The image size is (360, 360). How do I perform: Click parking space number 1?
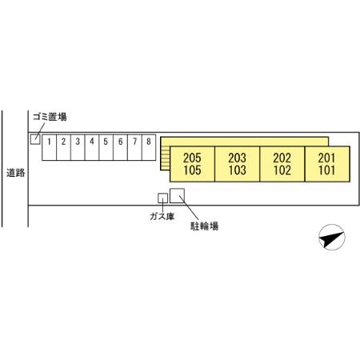pos(50,147)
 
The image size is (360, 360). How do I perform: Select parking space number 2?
pos(63,147)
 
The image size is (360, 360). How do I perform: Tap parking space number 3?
pos(78,147)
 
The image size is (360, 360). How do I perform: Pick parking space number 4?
pos(92,147)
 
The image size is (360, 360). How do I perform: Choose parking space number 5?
pos(106,147)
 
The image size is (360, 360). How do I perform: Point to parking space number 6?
pos(121,147)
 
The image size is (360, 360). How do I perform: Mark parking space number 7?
pos(134,147)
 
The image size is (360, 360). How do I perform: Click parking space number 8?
pos(149,147)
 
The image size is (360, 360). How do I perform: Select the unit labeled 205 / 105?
pos(192,164)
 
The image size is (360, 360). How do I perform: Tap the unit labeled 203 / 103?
pos(238,164)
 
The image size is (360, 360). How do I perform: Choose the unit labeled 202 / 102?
pos(282,164)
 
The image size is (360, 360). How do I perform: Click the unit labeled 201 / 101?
pos(327,164)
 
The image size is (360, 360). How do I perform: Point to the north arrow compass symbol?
pos(332,237)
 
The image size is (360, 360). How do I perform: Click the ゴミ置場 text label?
pos(50,117)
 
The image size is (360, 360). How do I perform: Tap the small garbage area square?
pos(35,139)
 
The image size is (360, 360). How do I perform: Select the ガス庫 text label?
pos(162,216)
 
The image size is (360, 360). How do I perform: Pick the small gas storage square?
pos(162,198)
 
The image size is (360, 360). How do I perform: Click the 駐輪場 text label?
pos(204,226)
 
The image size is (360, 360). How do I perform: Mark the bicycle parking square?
pos(178,196)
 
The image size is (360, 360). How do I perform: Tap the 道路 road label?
pos(16,173)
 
